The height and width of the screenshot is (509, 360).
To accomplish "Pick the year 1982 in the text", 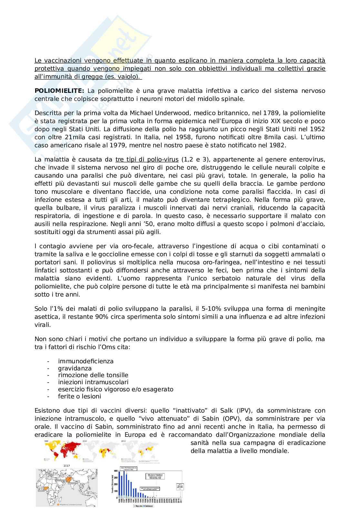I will coord(275,145).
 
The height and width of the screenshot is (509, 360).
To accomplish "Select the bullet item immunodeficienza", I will coord(86,361).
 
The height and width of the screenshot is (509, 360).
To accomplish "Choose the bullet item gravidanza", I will coord(75,368).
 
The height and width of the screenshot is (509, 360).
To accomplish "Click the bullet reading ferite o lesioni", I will coord(79,396).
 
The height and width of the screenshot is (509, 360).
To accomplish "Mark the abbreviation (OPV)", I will coord(247,419).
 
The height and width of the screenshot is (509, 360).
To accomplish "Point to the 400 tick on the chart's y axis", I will coord(117,471).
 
